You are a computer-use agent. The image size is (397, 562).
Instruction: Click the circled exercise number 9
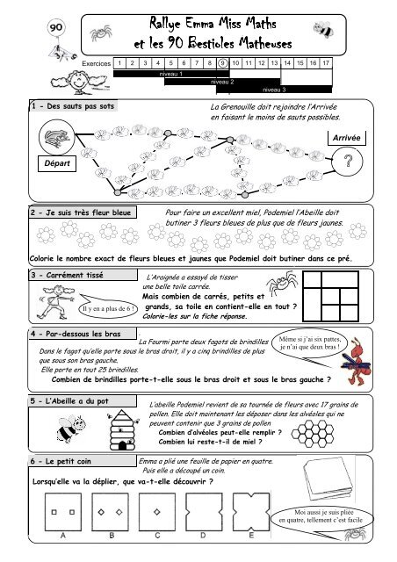pos(223,63)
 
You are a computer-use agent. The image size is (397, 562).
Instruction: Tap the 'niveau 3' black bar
pos(274,89)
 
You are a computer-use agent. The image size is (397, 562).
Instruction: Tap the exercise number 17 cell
pos(326,63)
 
